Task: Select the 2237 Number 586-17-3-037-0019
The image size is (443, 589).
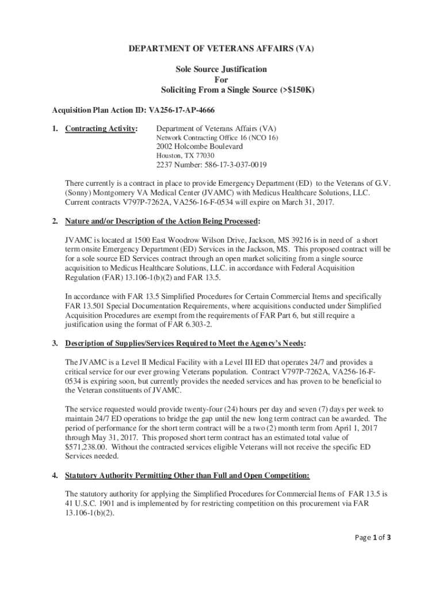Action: point(212,165)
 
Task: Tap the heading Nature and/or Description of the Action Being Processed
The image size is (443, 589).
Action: point(163,221)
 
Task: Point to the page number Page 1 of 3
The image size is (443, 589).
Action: point(373,538)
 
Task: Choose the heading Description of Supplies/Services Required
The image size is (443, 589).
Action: point(185,343)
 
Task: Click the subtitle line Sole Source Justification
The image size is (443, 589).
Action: point(221,69)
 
